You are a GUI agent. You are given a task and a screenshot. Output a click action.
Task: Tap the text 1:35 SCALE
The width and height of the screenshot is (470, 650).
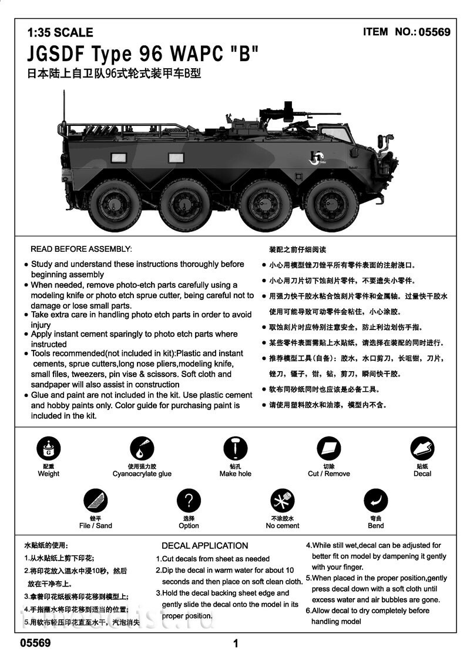coord(60,33)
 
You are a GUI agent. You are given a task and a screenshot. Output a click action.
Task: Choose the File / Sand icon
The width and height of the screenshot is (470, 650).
coord(95,501)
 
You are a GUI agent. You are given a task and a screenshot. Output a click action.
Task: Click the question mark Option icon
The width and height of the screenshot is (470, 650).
coord(189,501)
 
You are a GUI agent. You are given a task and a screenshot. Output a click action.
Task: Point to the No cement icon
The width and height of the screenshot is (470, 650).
coord(282,501)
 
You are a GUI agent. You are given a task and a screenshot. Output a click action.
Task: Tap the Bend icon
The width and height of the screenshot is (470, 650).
coord(375,501)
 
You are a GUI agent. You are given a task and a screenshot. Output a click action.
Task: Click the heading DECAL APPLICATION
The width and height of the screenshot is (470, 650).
coord(204,545)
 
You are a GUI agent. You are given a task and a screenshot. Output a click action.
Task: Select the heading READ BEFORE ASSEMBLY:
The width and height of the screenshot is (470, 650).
coord(81,249)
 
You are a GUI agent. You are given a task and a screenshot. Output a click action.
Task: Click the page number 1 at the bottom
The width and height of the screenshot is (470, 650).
coord(236,642)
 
